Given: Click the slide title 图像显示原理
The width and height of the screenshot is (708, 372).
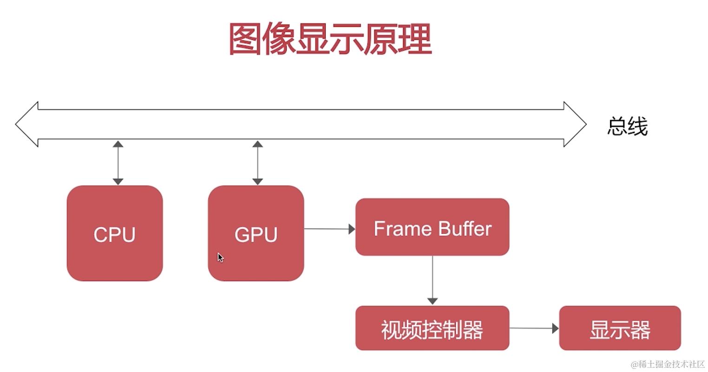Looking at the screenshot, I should tap(330, 39).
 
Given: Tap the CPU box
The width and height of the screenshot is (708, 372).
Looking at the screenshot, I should tap(115, 233).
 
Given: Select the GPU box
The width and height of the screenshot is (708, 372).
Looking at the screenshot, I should tap(256, 233).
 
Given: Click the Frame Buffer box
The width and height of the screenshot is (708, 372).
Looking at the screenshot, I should tap(432, 227).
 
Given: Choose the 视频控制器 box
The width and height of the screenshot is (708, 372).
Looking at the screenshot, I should tap(432, 328).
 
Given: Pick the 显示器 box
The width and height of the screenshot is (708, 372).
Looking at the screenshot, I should tap(620, 328).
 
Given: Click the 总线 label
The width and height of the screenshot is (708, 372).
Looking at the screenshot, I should tap(627, 126).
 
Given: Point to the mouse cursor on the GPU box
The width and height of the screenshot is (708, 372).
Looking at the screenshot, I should tap(220, 257).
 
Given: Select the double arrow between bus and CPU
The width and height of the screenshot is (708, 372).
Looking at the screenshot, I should tap(118, 163).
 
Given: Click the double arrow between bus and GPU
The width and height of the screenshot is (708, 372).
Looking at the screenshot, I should tap(257, 163).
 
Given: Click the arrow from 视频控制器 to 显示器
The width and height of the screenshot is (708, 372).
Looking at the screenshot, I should tap(534, 328).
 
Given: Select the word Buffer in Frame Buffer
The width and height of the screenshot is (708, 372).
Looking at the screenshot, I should tap(465, 229).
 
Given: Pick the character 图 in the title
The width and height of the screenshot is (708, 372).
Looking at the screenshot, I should tap(245, 39).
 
